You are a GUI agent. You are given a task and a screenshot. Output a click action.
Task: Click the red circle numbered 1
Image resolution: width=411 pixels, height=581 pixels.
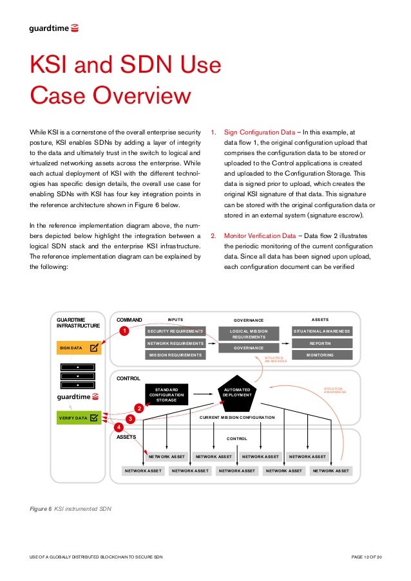coord(126,330)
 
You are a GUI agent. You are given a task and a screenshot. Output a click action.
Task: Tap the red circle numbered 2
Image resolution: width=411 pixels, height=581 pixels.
coord(138,408)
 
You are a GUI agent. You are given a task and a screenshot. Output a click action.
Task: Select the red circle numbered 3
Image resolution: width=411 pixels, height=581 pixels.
coord(129,419)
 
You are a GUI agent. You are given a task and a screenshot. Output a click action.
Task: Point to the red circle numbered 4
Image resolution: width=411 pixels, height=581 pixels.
coord(119,427)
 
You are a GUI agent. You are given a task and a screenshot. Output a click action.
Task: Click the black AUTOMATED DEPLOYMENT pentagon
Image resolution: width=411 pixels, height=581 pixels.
coord(237,392)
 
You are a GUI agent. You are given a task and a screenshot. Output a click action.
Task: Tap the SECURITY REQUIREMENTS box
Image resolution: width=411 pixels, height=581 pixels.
coord(175,331)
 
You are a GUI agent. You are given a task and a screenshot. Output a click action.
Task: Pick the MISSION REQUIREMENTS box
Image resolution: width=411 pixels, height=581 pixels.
coord(175,355)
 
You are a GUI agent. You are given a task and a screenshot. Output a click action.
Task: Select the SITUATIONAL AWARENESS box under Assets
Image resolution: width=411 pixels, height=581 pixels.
coord(322,331)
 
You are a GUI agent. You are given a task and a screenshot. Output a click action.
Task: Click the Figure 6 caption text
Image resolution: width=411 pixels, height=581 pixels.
coord(71,509)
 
